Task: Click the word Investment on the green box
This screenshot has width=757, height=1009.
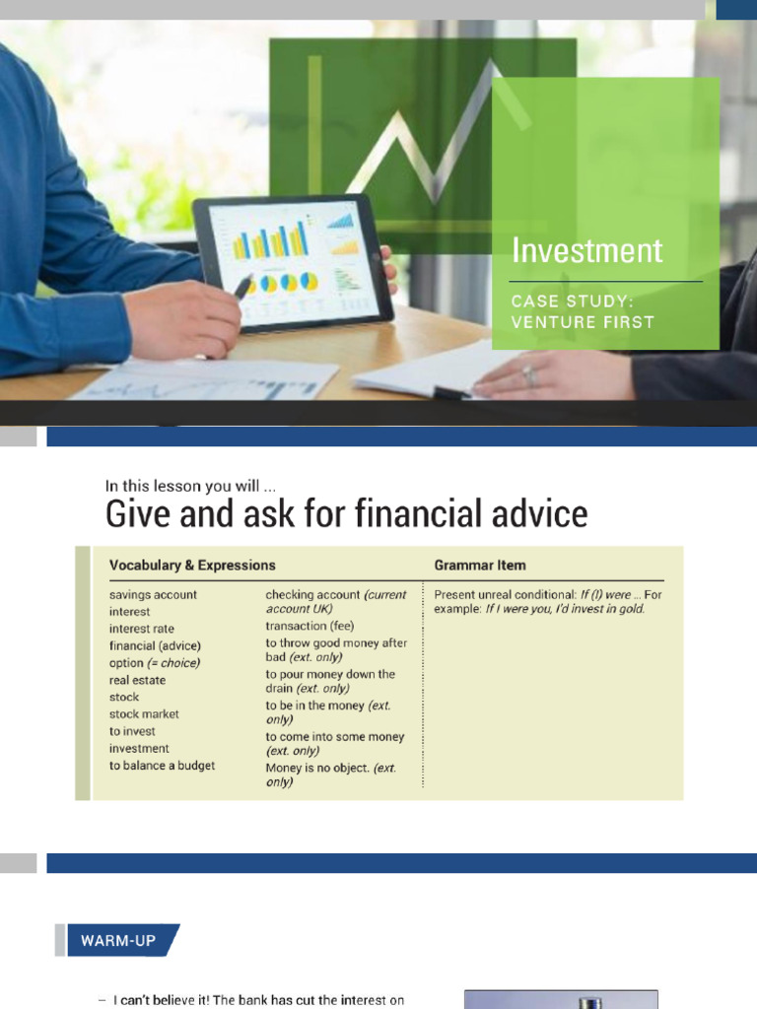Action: [587, 251]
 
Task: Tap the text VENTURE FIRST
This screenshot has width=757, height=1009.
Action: [583, 322]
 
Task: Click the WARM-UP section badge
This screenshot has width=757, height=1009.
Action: [118, 940]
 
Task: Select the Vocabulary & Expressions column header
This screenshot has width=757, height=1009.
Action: [192, 565]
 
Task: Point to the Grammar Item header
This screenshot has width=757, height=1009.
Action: [480, 565]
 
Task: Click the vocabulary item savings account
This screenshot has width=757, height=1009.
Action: [153, 594]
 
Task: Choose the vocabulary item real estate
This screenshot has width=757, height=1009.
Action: [137, 680]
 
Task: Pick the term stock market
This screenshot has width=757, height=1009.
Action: [144, 714]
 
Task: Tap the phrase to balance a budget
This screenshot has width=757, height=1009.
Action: [163, 766]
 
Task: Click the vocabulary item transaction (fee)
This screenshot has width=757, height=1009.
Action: [310, 626]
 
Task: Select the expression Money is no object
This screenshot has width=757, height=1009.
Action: [317, 768]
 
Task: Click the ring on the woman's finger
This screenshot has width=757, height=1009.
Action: [530, 375]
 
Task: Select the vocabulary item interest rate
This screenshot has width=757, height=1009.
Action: [142, 629]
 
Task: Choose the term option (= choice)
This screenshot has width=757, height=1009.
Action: [155, 663]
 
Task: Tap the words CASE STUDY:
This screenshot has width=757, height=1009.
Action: [573, 302]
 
